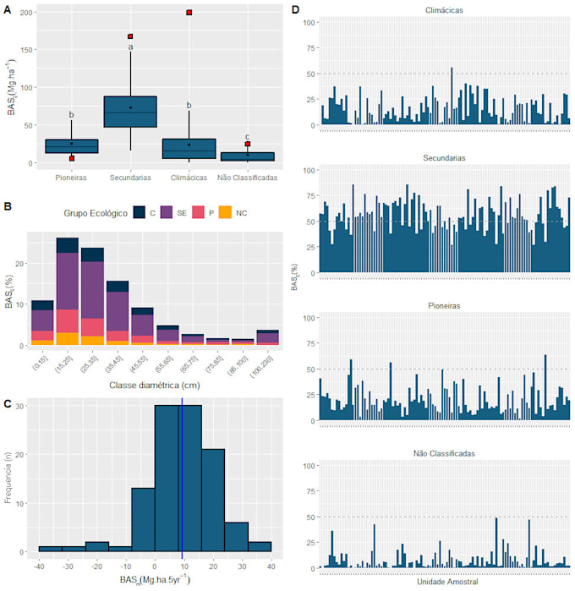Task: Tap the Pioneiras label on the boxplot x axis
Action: [71, 178]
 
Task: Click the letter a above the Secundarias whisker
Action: [130, 47]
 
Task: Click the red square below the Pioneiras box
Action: [72, 158]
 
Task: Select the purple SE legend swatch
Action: [167, 214]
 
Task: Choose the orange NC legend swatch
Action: [224, 214]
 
